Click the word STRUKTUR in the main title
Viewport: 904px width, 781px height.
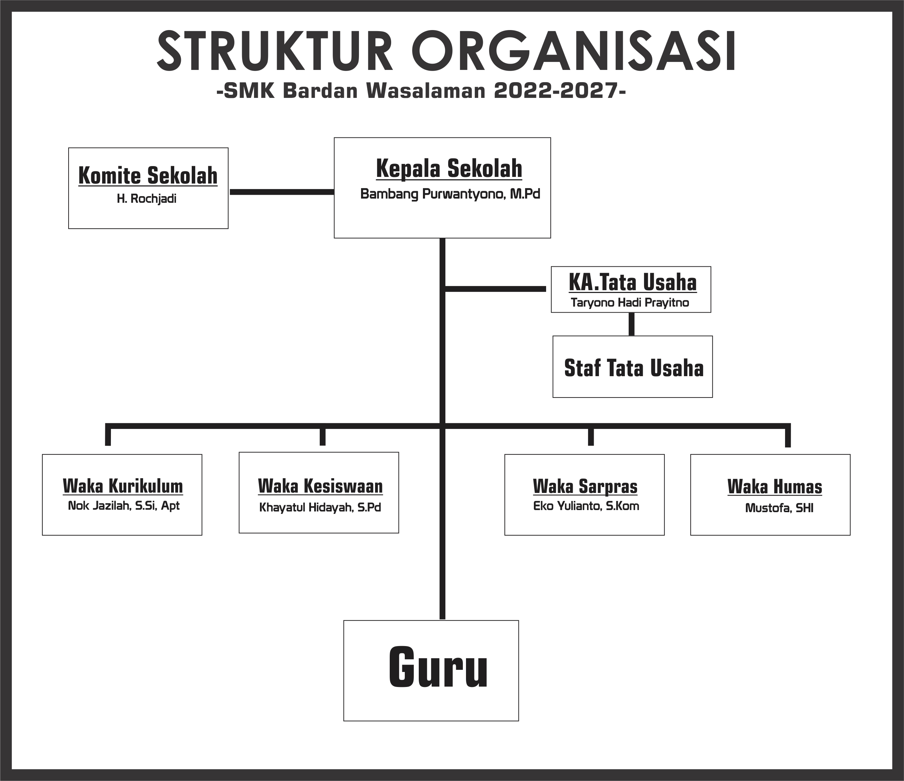click(275, 51)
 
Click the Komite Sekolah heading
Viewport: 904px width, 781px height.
click(148, 176)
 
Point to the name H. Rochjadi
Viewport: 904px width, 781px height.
click(147, 199)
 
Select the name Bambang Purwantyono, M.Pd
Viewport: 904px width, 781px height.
click(450, 194)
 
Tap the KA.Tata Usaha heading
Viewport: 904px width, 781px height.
click(633, 282)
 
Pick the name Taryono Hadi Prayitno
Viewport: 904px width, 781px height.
click(630, 303)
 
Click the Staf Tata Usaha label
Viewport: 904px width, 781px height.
click(634, 368)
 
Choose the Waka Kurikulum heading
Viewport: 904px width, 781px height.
click(122, 486)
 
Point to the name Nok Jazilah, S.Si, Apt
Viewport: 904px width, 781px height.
click(124, 506)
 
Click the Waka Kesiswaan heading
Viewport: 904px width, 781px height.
click(320, 486)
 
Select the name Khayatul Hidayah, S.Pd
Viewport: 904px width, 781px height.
click(320, 508)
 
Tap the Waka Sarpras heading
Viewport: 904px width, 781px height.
click(585, 486)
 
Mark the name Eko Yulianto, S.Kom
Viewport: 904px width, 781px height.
click(586, 506)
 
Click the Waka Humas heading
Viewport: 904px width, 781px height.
click(775, 487)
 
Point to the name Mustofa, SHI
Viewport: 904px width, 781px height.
click(779, 508)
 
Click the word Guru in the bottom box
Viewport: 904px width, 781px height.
click(438, 667)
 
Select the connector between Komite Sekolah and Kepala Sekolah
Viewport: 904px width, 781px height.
click(282, 192)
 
